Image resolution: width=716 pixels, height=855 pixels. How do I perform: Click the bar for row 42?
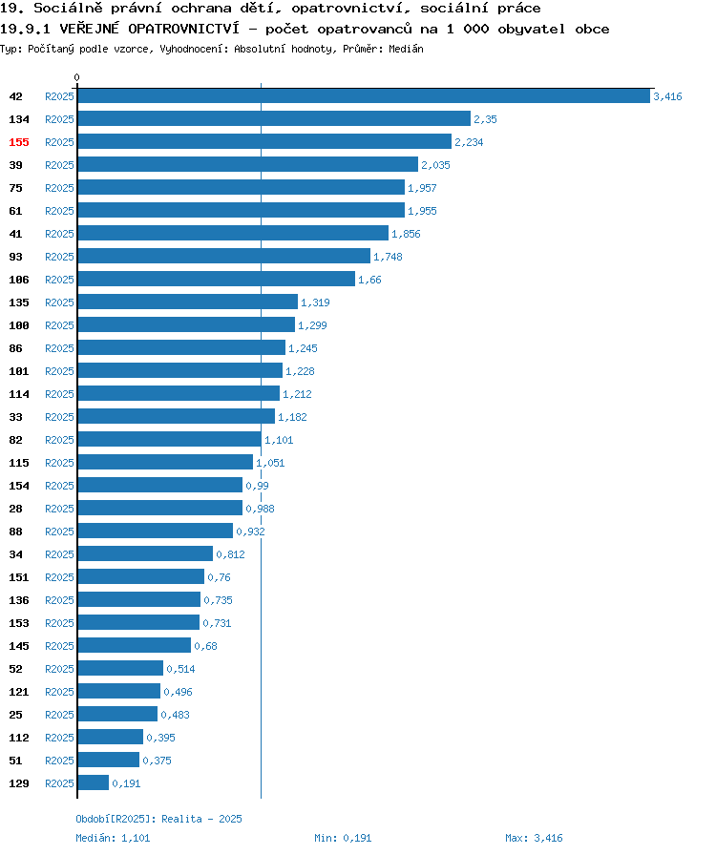(x=364, y=96)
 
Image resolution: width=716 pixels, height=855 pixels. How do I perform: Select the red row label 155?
(x=19, y=142)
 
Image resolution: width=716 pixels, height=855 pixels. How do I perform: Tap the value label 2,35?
(x=485, y=119)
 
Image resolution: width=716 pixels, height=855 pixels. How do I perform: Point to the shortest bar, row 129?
(x=94, y=782)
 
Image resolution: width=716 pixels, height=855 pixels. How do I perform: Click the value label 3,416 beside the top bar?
(x=667, y=96)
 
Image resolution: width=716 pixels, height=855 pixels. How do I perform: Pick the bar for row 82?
(x=170, y=439)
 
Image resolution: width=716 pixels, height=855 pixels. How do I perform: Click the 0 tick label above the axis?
(x=76, y=77)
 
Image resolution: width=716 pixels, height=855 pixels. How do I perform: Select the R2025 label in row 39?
(x=59, y=165)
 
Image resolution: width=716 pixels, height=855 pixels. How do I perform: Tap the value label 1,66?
(x=369, y=280)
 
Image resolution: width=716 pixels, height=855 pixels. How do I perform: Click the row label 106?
(x=19, y=280)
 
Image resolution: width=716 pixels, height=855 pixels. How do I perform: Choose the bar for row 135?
(x=188, y=302)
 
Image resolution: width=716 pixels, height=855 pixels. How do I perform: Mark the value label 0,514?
(x=180, y=669)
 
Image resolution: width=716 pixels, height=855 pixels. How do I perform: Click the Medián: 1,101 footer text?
(x=113, y=838)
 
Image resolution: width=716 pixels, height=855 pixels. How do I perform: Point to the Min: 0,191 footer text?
(x=343, y=838)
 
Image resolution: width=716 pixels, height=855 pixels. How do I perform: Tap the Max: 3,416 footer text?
(x=534, y=838)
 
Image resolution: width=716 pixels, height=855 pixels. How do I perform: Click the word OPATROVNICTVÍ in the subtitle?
(x=184, y=29)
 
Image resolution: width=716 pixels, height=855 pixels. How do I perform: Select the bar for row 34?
(x=145, y=553)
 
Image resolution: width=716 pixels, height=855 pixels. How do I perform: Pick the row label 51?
(x=16, y=761)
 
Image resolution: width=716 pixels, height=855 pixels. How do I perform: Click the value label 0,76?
(x=219, y=577)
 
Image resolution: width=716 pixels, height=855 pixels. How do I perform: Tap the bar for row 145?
(x=135, y=645)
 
